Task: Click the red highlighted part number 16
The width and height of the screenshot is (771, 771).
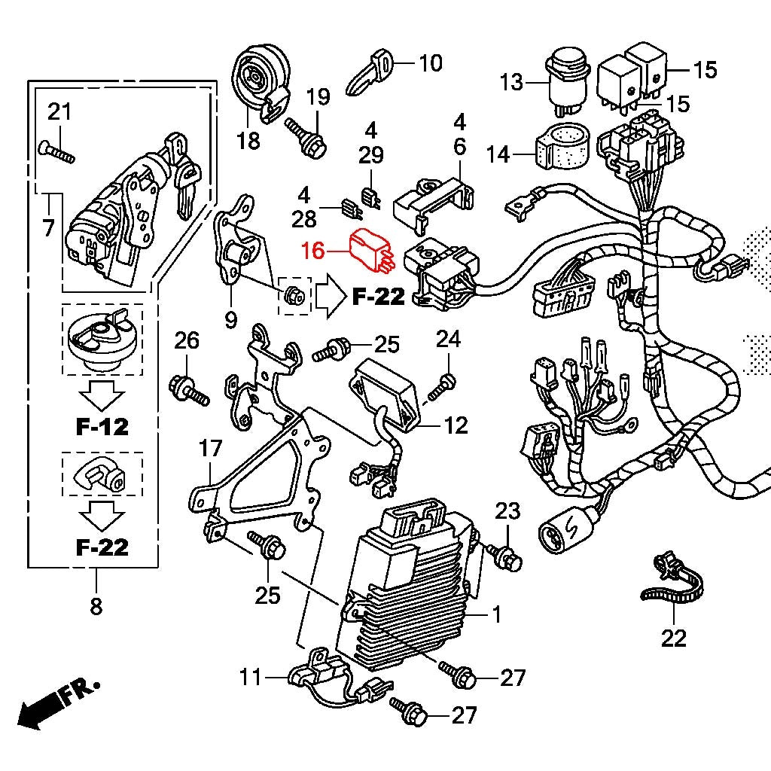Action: coord(313,250)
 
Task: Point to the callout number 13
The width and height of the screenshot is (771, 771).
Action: coord(511,82)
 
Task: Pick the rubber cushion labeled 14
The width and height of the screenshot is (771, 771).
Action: coord(562,146)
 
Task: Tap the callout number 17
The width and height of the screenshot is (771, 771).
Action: coord(211,449)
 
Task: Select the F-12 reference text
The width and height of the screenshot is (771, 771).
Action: coord(102,426)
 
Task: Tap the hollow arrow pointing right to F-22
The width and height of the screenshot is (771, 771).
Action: coord(331,295)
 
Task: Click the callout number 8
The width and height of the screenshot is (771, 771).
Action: coord(96,606)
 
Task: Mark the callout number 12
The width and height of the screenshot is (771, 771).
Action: coord(456,426)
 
